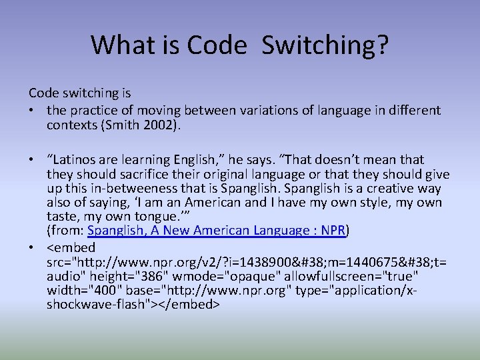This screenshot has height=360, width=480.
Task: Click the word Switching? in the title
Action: pyautogui.click(x=325, y=45)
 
